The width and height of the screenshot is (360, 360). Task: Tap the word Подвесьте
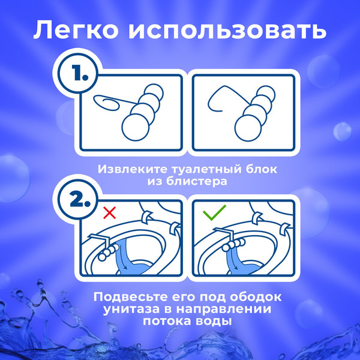122,297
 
